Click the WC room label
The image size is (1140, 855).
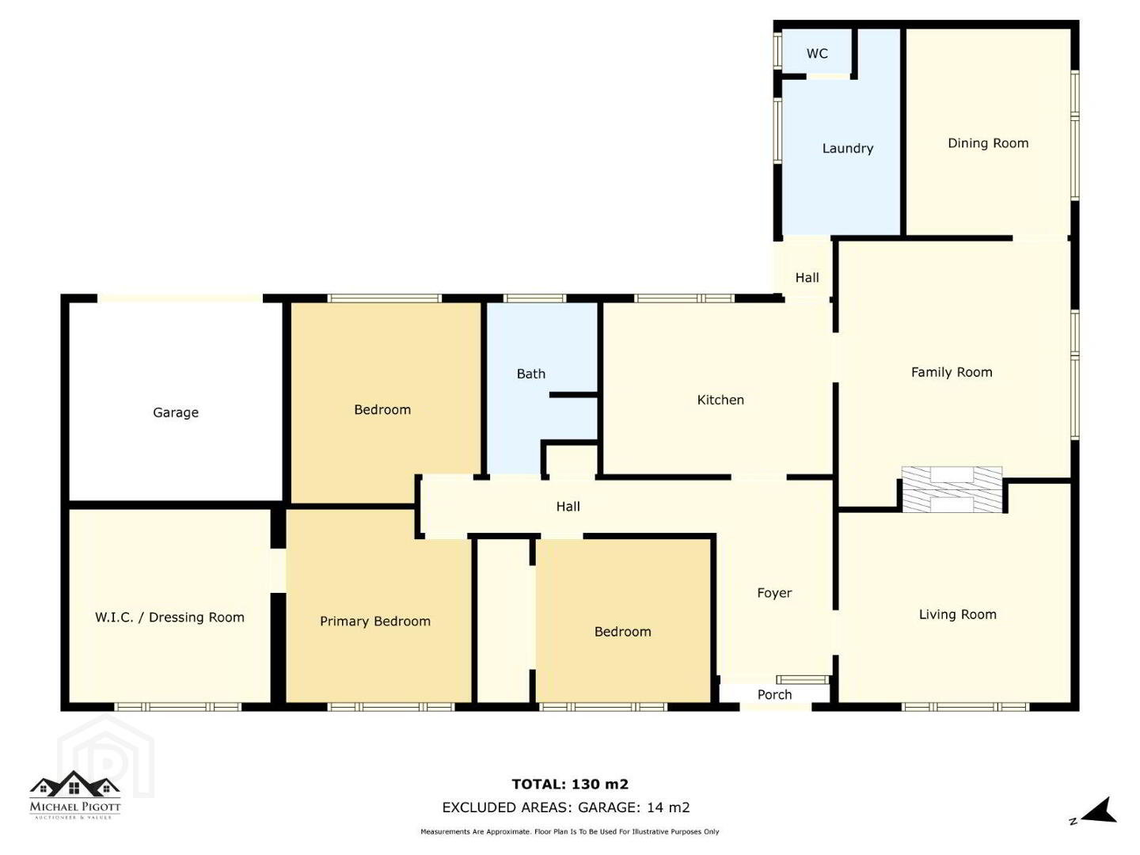point(817,54)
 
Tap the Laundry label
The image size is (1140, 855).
point(848,149)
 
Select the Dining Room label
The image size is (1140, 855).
point(988,143)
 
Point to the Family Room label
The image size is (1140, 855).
point(952,372)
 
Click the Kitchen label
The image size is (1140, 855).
point(720,400)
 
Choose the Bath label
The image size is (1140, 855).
point(530,374)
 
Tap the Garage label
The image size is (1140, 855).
point(176,412)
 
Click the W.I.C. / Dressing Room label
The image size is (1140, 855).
point(169,617)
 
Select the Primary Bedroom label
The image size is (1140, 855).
point(375,621)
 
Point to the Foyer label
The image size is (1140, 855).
point(774,593)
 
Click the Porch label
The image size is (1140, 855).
point(774,694)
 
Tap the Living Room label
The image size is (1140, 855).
point(958,614)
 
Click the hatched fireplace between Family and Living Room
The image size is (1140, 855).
point(952,489)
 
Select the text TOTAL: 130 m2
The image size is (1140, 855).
point(570,784)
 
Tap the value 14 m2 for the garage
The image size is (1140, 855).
point(668,807)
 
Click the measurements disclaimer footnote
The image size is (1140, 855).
point(570,831)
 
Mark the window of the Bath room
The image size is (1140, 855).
point(534,298)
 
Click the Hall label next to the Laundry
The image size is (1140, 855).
point(807,278)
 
